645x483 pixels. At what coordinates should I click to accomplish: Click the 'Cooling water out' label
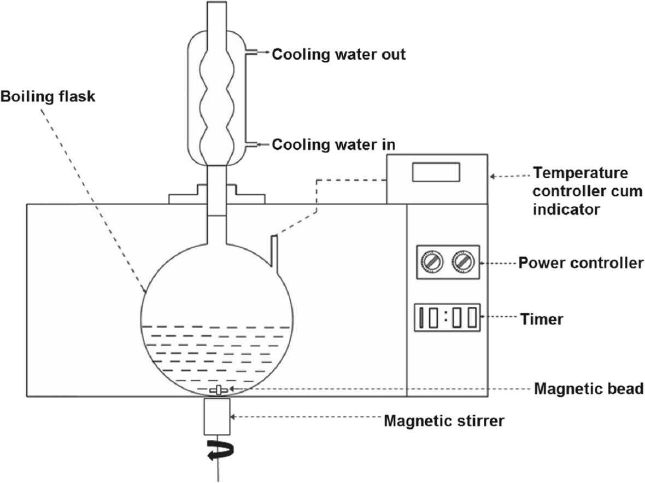click(339, 55)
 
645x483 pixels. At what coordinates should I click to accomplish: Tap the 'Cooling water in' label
click(333, 145)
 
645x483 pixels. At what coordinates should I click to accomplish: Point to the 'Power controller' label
click(580, 263)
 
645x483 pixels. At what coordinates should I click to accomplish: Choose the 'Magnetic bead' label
click(588, 389)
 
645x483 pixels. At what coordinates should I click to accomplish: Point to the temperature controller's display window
click(436, 172)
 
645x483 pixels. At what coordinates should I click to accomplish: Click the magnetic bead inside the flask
click(218, 390)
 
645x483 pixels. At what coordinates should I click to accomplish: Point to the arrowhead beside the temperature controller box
click(493, 176)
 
